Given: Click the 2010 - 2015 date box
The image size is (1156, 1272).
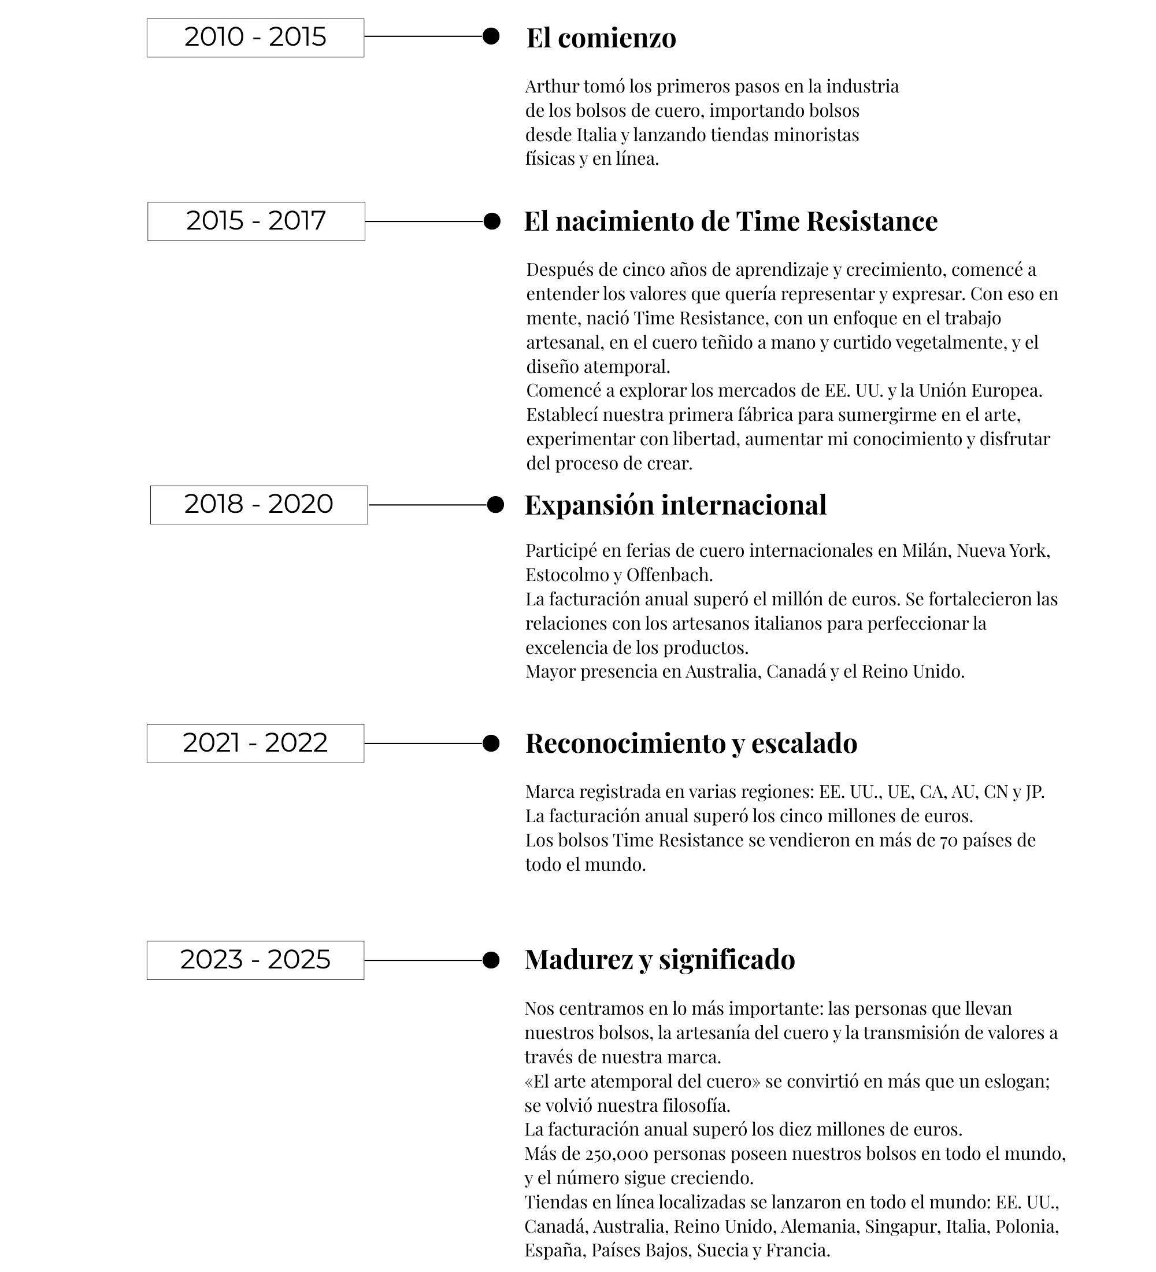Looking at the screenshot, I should [x=255, y=38].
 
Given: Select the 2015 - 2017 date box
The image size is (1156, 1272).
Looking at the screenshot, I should [x=256, y=221].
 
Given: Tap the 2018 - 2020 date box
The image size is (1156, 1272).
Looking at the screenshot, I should [x=258, y=505].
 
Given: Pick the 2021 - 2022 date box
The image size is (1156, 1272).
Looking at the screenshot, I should [x=255, y=744].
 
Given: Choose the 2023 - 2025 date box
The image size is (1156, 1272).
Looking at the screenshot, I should [x=255, y=960].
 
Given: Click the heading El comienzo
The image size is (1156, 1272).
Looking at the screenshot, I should [x=601, y=38].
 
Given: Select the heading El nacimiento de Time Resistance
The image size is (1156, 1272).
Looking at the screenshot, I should [x=731, y=221].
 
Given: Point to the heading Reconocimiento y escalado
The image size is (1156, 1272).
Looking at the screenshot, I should [x=691, y=744].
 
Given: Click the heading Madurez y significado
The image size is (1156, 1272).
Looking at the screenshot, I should [x=659, y=960].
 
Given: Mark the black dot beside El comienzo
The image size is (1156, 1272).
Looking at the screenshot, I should [x=491, y=36].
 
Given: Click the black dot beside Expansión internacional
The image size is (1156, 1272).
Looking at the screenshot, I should [x=495, y=505].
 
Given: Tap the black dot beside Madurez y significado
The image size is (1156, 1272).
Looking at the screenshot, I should [x=491, y=960].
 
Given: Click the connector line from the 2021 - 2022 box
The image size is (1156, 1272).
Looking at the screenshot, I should [x=423, y=744].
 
